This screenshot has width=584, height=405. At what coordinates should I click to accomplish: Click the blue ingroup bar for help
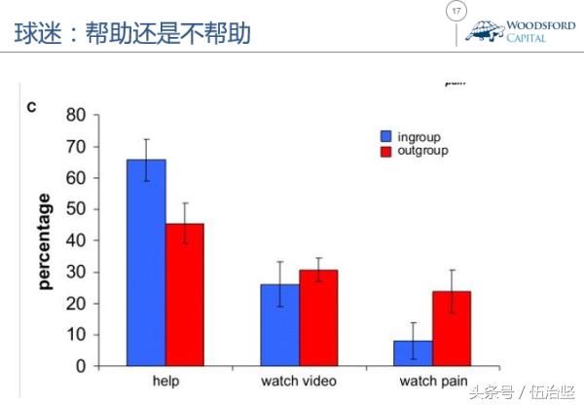pyautogui.click(x=146, y=263)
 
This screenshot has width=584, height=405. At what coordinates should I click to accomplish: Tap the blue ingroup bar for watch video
pyautogui.click(x=279, y=325)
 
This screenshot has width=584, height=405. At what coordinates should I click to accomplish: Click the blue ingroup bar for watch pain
pyautogui.click(x=414, y=352)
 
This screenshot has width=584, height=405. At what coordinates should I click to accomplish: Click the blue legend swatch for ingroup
pyautogui.click(x=386, y=136)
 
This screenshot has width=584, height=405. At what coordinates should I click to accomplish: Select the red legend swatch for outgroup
pyautogui.click(x=386, y=152)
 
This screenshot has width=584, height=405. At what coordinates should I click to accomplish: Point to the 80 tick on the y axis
pyautogui.click(x=76, y=115)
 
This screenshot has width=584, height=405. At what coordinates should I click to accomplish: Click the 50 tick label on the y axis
pyautogui.click(x=76, y=209)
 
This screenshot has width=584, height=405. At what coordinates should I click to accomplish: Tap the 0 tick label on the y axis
pyautogui.click(x=82, y=366)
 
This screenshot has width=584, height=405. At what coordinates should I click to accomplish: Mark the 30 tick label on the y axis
pyautogui.click(x=76, y=272)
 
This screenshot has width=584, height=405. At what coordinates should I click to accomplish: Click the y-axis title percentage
pyautogui.click(x=44, y=241)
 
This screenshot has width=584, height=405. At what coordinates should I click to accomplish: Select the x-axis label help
pyautogui.click(x=166, y=380)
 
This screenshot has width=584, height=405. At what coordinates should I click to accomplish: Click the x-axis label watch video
pyautogui.click(x=298, y=380)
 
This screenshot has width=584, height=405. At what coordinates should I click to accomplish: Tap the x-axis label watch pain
pyautogui.click(x=432, y=380)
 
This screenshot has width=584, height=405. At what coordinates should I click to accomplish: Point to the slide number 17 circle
pyautogui.click(x=454, y=12)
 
